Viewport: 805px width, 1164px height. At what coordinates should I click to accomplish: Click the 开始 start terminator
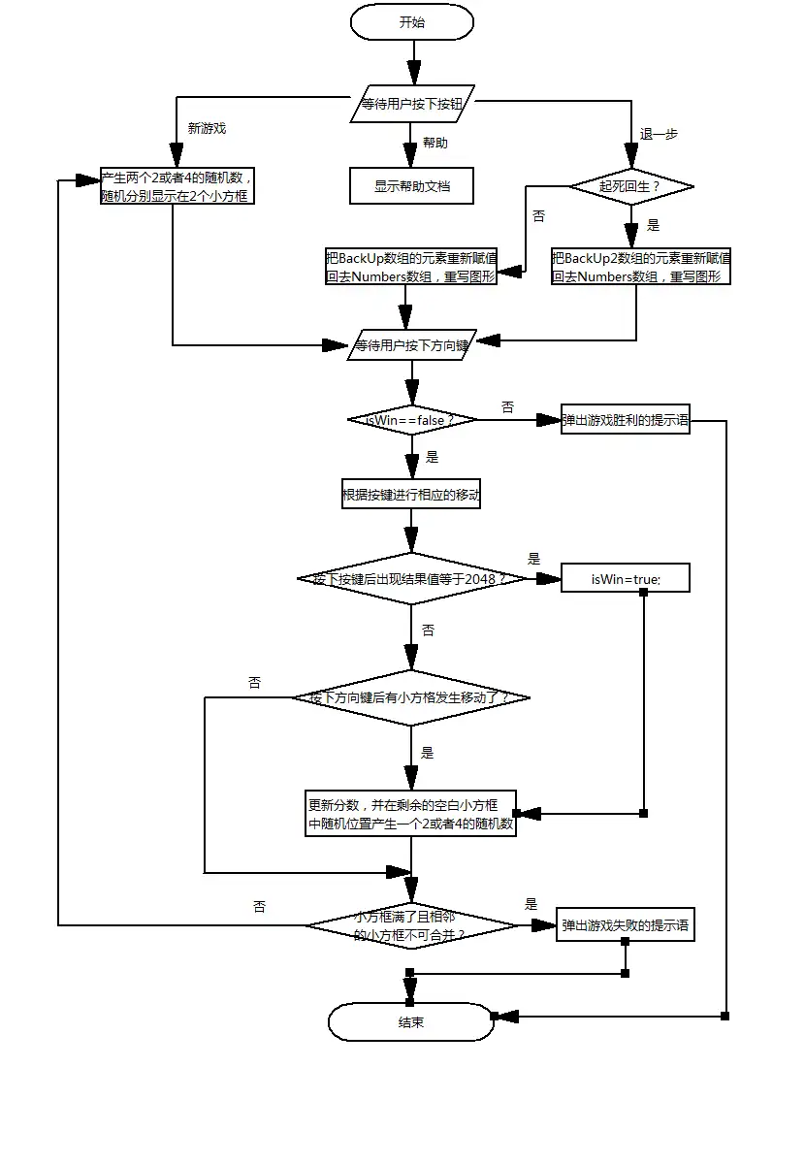click(x=411, y=22)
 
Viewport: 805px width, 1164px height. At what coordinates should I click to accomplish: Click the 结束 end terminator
click(x=411, y=1021)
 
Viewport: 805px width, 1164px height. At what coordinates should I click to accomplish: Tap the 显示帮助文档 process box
click(x=411, y=186)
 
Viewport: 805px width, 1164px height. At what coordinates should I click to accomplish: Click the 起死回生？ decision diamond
click(x=630, y=185)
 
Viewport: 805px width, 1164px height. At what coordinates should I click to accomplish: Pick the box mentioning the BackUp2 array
click(x=641, y=267)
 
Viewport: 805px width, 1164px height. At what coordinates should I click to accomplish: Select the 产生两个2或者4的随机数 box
click(x=178, y=186)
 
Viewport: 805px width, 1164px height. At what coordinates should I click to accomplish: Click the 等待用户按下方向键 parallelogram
click(x=411, y=344)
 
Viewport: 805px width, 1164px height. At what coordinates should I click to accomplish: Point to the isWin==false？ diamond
click(x=411, y=420)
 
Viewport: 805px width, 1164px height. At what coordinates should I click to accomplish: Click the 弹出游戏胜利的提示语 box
click(x=626, y=420)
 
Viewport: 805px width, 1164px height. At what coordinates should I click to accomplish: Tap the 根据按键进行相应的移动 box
click(x=411, y=495)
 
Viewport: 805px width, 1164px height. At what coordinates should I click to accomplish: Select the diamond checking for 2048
click(x=411, y=579)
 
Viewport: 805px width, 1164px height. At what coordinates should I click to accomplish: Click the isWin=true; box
click(x=626, y=579)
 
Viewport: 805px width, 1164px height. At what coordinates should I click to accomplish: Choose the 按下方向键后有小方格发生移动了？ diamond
click(x=411, y=697)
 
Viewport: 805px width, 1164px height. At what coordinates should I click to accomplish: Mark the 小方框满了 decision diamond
click(x=411, y=925)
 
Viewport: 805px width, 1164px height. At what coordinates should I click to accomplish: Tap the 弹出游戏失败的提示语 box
click(x=626, y=925)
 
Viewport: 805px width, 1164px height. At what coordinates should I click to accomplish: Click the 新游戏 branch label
click(x=207, y=128)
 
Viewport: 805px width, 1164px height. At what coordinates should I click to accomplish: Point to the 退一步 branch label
click(x=659, y=135)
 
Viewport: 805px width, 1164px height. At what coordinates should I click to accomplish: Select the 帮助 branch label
click(x=435, y=143)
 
